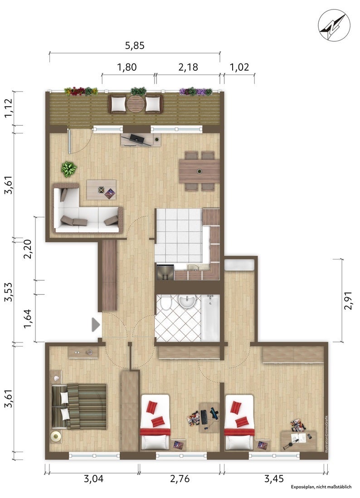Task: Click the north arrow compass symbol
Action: (334, 24)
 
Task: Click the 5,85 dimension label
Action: (135, 46)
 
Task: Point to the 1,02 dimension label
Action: (239, 67)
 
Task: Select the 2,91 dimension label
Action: (348, 300)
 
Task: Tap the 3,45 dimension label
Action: (274, 478)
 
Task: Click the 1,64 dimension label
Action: (28, 319)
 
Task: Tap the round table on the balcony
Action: (136, 104)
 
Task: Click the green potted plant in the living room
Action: (69, 169)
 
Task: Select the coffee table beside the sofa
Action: (102, 190)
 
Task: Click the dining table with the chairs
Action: (199, 171)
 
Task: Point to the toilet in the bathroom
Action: (165, 303)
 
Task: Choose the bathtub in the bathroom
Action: (210, 317)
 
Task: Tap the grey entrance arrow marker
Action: (96, 325)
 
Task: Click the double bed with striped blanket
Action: (79, 406)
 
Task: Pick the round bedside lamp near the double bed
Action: (56, 437)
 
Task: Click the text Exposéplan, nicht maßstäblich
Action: (321, 487)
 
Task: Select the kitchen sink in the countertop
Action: (193, 268)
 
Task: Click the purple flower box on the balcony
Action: (195, 92)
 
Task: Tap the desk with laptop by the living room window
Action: (141, 139)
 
